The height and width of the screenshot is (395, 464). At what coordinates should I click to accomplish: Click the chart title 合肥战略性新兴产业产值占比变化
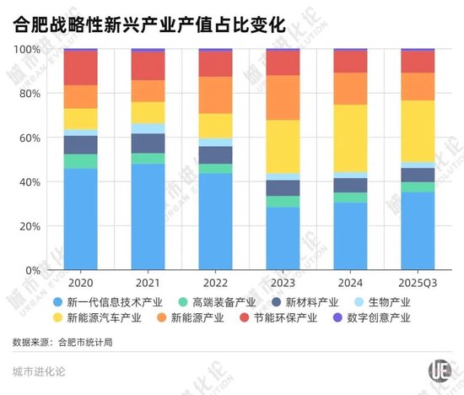pyautogui.click(x=149, y=25)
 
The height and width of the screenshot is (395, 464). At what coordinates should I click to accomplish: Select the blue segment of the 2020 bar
pyautogui.click(x=81, y=219)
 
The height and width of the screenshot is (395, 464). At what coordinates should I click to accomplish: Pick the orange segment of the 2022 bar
pyautogui.click(x=215, y=95)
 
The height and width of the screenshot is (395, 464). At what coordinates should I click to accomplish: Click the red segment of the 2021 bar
pyautogui.click(x=148, y=66)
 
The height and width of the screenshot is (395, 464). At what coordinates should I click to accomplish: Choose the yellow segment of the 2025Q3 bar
pyautogui.click(x=418, y=131)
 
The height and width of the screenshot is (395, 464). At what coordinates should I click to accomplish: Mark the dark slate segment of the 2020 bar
pyautogui.click(x=81, y=144)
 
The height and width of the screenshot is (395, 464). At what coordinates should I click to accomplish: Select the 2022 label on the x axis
pyautogui.click(x=215, y=284)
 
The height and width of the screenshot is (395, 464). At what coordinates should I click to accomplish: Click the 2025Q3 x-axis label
pyautogui.click(x=418, y=284)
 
